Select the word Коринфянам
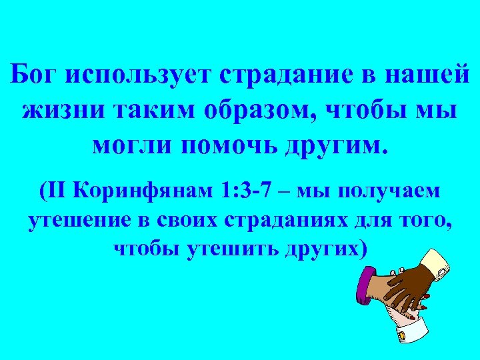pos(143,191)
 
